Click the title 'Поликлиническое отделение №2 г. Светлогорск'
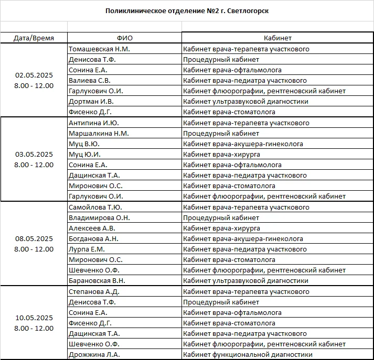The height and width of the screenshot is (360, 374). coord(187,10)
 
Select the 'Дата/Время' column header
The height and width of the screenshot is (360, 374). coord(34,38)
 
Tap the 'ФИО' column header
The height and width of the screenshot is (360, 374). coord(125,38)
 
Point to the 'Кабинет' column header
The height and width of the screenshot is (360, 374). coord(277,38)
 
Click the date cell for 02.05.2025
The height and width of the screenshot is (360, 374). coord(34,80)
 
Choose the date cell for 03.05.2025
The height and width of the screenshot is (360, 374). coord(34,159)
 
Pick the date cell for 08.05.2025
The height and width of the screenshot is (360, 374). coord(34,244)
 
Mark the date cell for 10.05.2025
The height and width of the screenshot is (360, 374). coord(34,323)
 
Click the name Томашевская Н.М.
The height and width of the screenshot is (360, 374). coord(99,49)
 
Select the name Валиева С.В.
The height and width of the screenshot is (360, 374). coord(90,80)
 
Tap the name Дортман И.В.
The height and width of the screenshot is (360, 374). coord(91,101)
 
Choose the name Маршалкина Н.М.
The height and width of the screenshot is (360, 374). coord(99,134)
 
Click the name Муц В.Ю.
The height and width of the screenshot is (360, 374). coord(84,144)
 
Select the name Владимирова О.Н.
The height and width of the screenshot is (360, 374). coord(99,217)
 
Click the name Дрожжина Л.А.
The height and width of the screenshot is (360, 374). coord(94,354)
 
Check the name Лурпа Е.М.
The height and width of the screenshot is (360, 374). coord(87,249)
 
